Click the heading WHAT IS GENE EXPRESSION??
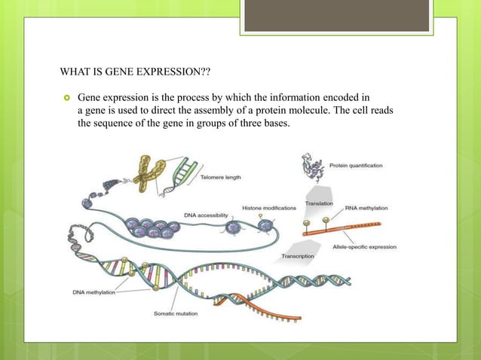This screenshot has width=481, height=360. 135,73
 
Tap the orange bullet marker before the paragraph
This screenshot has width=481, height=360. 66,98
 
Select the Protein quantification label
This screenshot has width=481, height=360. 356,165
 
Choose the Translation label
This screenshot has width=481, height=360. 320,204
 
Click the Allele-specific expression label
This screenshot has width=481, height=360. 365,246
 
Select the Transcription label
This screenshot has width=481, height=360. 298,256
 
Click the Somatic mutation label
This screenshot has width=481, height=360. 176,313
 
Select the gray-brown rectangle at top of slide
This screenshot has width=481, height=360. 336,15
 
